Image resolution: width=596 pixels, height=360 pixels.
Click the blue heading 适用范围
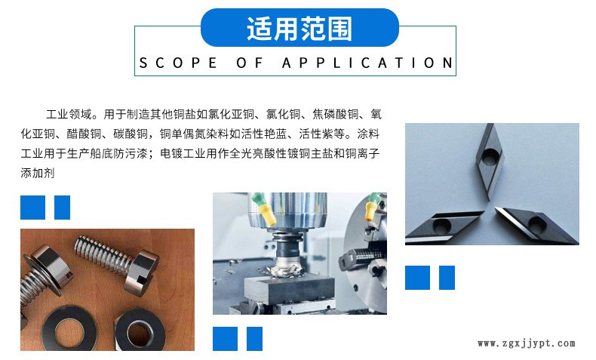pos(300,29)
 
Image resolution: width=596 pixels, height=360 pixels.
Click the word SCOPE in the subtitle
pos(178,63)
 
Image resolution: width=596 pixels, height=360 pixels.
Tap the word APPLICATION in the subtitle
pos(367,63)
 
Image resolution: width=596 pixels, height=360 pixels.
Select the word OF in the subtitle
pos(250,63)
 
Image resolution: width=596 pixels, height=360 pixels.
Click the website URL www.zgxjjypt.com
pos(527,343)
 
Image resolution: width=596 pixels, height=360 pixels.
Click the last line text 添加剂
pos(38,173)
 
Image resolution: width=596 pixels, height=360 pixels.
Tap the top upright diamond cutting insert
pos(490,162)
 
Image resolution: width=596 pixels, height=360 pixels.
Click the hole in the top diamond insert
pos(490,156)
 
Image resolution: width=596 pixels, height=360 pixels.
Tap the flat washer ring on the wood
pos(69,329)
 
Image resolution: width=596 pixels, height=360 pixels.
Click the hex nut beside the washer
pos(140,330)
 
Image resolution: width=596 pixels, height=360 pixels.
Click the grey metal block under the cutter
pos(289,290)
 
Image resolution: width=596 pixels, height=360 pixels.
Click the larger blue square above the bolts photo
pos(32,208)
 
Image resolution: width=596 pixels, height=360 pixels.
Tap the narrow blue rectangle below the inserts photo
pos(447,278)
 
